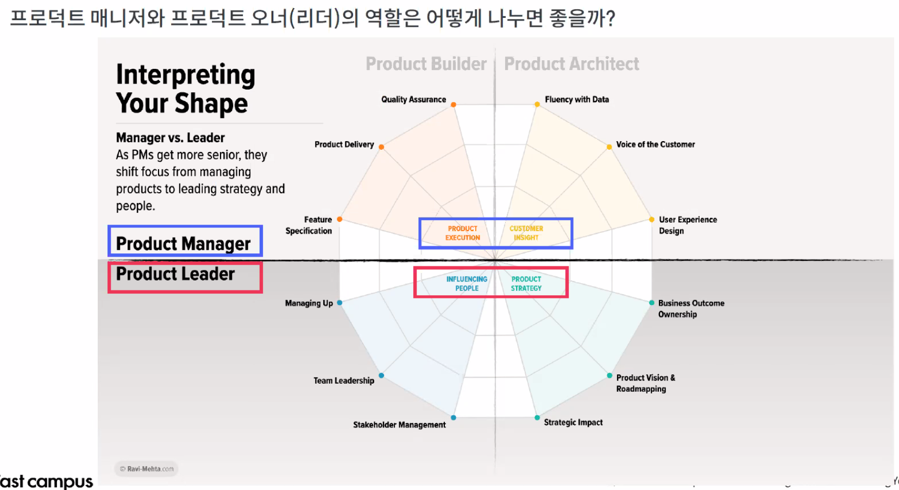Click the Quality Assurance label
click(413, 99)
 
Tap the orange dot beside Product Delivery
click(381, 147)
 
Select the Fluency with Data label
click(576, 99)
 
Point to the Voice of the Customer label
click(655, 144)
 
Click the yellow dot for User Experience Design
click(651, 220)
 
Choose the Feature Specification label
click(309, 225)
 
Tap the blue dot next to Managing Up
click(340, 303)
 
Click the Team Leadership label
click(343, 380)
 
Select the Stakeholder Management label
click(399, 424)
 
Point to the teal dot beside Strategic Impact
click(537, 418)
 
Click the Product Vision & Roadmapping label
click(645, 383)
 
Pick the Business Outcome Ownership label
click(690, 308)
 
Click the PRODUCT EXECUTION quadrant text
click(463, 233)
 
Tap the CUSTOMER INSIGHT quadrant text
click(526, 233)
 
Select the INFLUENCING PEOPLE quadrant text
click(467, 283)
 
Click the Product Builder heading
click(426, 64)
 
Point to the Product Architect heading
click(571, 64)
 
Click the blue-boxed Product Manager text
click(184, 244)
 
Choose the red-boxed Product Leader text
click(175, 274)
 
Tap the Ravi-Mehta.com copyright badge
click(147, 469)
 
